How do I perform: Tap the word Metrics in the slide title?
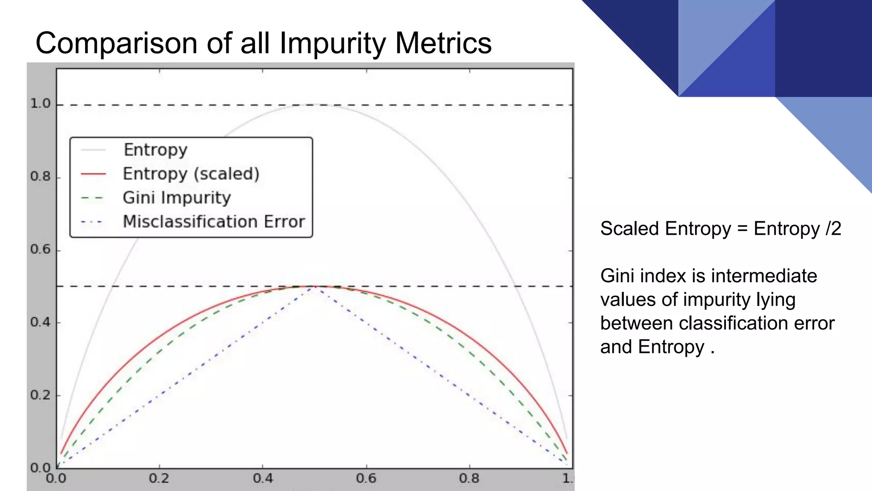coord(443,43)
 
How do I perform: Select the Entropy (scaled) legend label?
coord(191,174)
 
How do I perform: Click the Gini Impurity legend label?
coord(177,198)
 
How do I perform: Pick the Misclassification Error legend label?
coord(214,222)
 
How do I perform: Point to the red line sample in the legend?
coord(93,174)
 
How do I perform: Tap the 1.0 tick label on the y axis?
coord(40,104)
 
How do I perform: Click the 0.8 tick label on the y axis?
coord(40,176)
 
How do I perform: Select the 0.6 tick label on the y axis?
coord(40,249)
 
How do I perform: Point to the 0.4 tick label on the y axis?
coord(40,322)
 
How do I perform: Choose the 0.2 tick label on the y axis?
coord(40,395)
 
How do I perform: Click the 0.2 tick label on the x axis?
coord(159,479)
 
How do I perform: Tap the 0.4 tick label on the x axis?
coord(263,479)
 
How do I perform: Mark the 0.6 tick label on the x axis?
coord(366,479)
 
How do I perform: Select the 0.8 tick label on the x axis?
coord(469,479)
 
